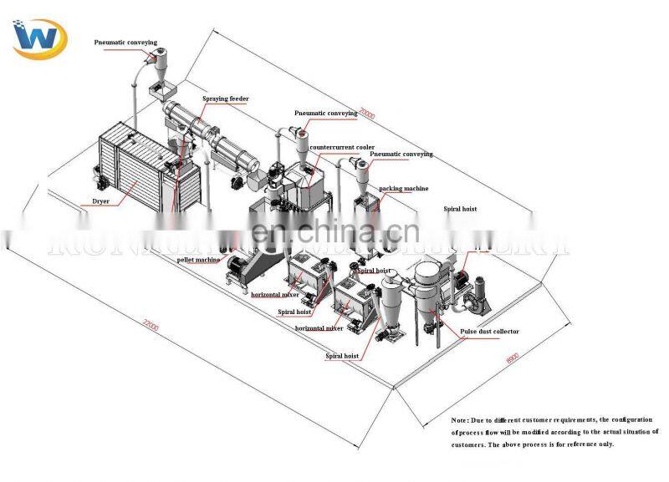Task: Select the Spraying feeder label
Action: (225, 99)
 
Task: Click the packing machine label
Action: (403, 189)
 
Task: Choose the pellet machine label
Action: (198, 260)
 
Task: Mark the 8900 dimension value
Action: (513, 357)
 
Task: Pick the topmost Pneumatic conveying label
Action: (125, 42)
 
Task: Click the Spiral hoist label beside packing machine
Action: (460, 209)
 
